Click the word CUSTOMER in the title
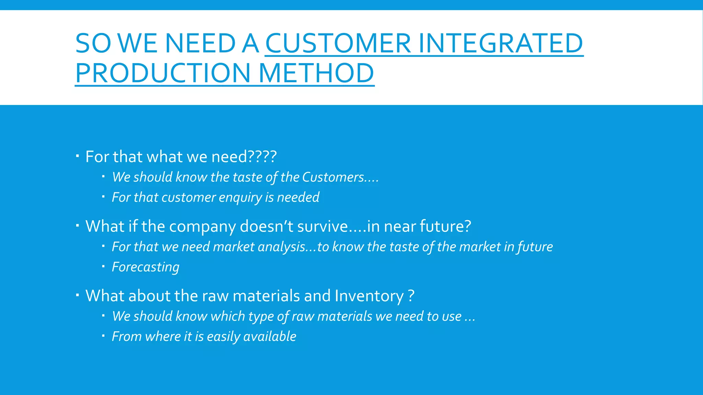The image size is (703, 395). (338, 44)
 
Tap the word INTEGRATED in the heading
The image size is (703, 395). (500, 44)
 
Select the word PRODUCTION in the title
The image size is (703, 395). (163, 73)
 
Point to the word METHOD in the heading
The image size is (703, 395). (316, 73)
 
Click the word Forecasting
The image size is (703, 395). (146, 267)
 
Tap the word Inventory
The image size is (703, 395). (369, 296)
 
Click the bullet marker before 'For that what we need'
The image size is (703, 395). (78, 156)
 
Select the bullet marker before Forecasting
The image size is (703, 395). (103, 266)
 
